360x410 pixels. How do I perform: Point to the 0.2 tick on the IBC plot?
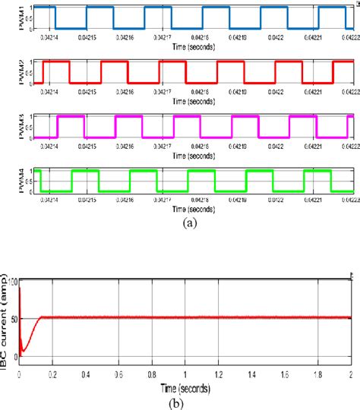pos(52,374)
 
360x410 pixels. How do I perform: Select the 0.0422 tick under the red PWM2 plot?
pos(276,90)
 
